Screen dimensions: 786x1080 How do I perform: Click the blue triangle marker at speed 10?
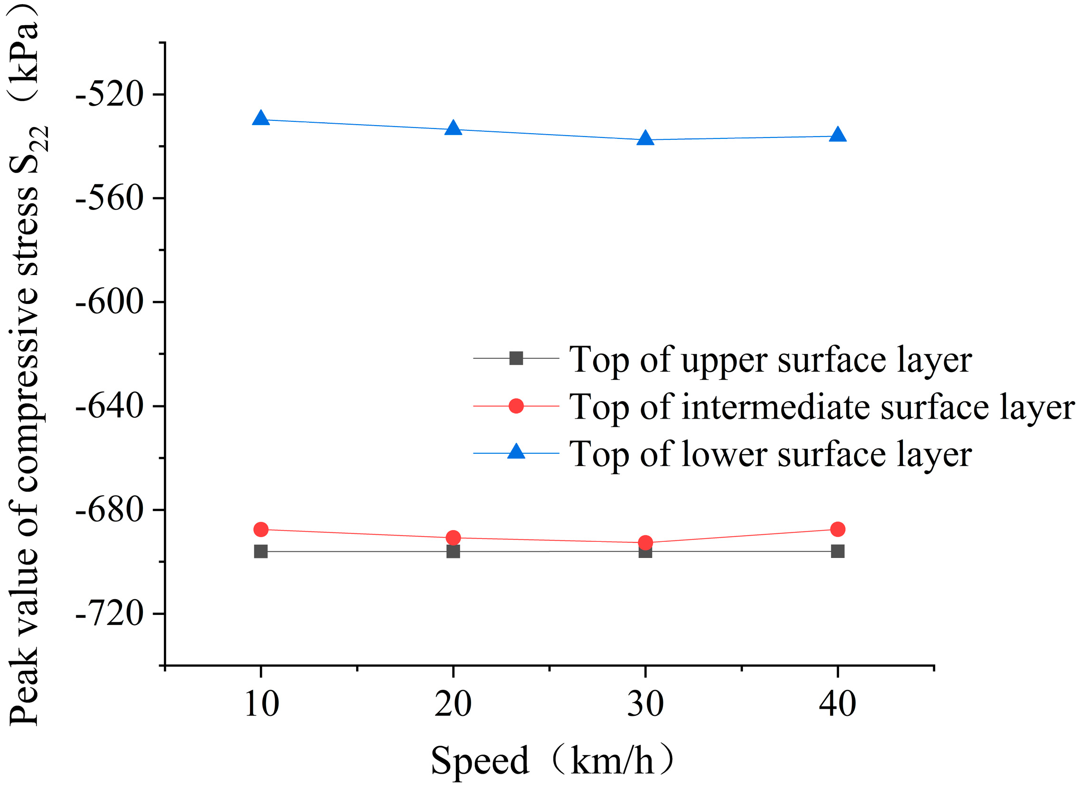(261, 118)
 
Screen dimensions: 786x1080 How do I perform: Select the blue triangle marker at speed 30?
(645, 139)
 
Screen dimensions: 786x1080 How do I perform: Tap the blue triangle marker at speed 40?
(838, 136)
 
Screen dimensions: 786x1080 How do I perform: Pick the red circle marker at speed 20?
(453, 538)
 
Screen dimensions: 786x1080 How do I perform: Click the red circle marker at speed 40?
(838, 529)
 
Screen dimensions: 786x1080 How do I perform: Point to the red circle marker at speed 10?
(261, 529)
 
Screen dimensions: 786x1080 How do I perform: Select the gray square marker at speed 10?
(261, 551)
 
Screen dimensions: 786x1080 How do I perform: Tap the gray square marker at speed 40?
(838, 551)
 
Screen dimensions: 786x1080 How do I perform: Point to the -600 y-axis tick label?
(109, 302)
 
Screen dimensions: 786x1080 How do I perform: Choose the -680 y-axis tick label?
(109, 510)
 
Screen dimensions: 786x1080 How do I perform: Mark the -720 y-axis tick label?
(109, 614)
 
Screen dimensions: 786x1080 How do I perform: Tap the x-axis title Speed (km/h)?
(553, 761)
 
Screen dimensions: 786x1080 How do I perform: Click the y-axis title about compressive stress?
(26, 362)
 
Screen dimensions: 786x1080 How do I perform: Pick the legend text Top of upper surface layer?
(770, 360)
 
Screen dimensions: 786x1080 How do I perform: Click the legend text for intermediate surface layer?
(821, 407)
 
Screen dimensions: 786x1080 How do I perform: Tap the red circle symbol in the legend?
(516, 406)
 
